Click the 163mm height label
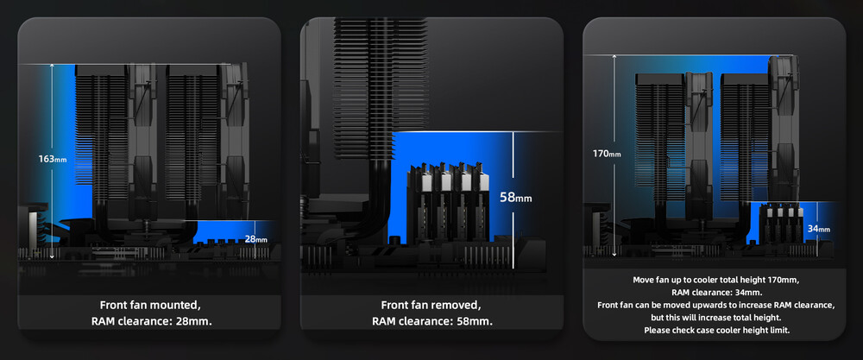click(53, 159)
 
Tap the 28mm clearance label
click(256, 239)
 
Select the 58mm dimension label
click(516, 197)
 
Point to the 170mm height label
click(607, 154)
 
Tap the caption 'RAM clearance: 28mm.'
click(151, 321)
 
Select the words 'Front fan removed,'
click(431, 305)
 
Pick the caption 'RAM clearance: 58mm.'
click(432, 321)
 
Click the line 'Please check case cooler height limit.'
click(716, 331)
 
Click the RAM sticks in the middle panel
click(447, 201)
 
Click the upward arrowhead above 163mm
click(52, 66)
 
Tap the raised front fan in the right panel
click(784, 128)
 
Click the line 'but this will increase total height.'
click(716, 318)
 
